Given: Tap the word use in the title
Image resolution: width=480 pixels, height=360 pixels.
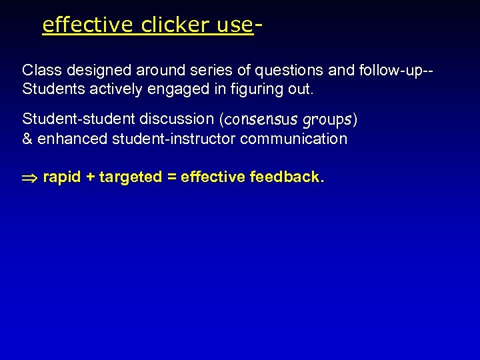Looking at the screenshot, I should coord(234,25).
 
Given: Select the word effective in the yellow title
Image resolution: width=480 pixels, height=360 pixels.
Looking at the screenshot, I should coord(88,25).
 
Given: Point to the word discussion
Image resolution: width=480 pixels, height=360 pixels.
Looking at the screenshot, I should coord(177,119).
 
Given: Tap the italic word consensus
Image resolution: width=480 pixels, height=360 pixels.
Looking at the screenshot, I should coord(261,120).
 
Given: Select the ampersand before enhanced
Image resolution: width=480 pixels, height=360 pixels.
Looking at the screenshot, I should coord(27,139).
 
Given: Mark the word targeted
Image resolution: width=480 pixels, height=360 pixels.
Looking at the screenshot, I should coord(131,177).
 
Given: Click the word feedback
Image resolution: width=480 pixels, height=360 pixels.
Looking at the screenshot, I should coord(287,177).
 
